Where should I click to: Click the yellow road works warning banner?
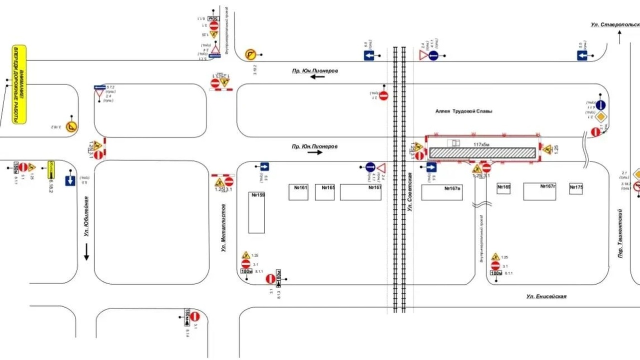(19, 84)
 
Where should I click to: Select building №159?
(256, 212)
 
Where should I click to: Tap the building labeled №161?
(298, 192)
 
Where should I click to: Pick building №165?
(324, 192)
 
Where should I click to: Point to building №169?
(503, 188)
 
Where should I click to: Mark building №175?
(576, 188)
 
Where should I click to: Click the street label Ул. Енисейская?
(546, 296)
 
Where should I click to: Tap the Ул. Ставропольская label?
(614, 24)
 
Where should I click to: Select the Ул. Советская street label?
(409, 191)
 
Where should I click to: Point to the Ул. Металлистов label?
(223, 227)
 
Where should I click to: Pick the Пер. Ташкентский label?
(619, 234)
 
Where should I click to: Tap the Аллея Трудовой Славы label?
(463, 111)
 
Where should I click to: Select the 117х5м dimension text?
(481, 144)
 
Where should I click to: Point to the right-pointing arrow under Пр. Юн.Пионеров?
(315, 152)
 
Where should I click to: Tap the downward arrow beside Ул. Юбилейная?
(86, 251)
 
